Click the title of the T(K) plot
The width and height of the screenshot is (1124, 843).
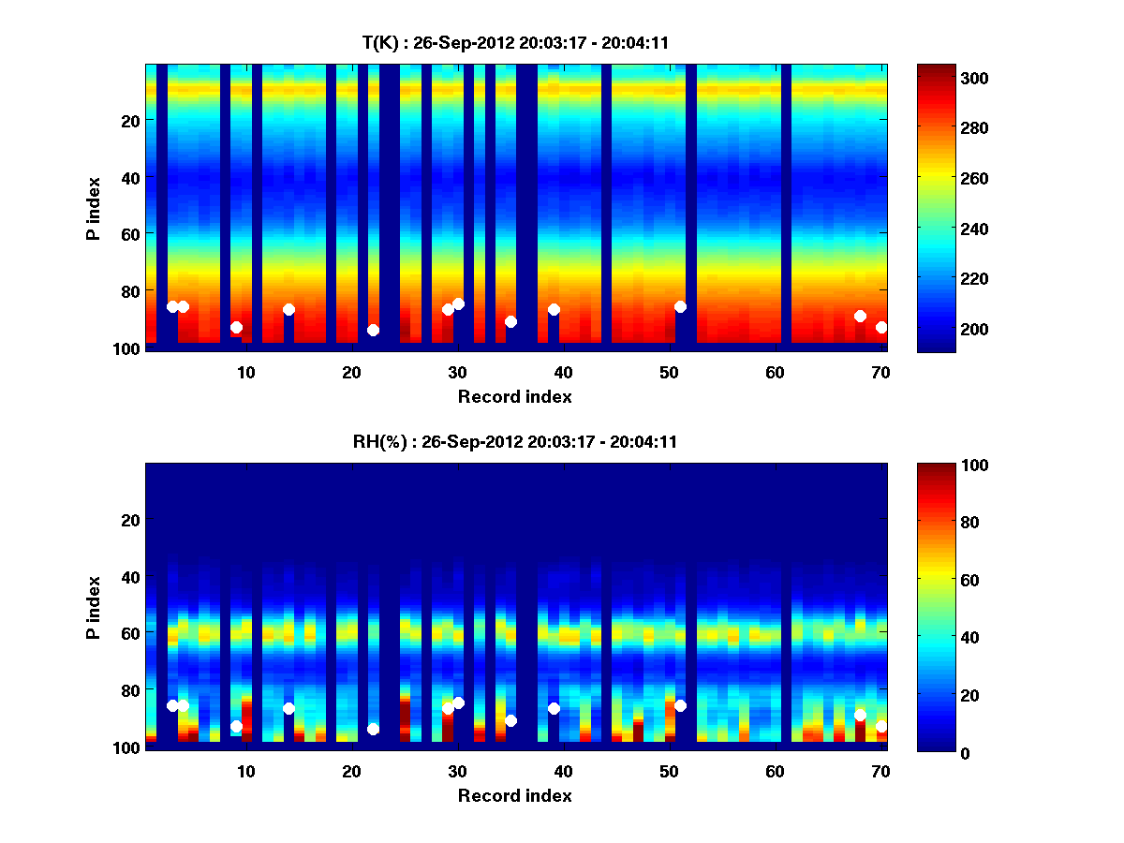[515, 42]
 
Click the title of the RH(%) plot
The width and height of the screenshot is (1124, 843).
[515, 442]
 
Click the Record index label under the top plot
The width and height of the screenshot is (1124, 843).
[515, 397]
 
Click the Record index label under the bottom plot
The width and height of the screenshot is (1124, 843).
[515, 796]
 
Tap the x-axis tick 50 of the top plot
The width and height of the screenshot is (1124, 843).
[669, 373]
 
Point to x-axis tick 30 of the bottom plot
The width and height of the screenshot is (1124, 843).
[457, 772]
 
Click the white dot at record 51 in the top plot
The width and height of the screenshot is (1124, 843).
[680, 306]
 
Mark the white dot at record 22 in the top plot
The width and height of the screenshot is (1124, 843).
[373, 330]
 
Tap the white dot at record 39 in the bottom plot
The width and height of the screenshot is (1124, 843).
[554, 708]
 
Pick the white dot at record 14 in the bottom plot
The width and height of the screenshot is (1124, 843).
[288, 708]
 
